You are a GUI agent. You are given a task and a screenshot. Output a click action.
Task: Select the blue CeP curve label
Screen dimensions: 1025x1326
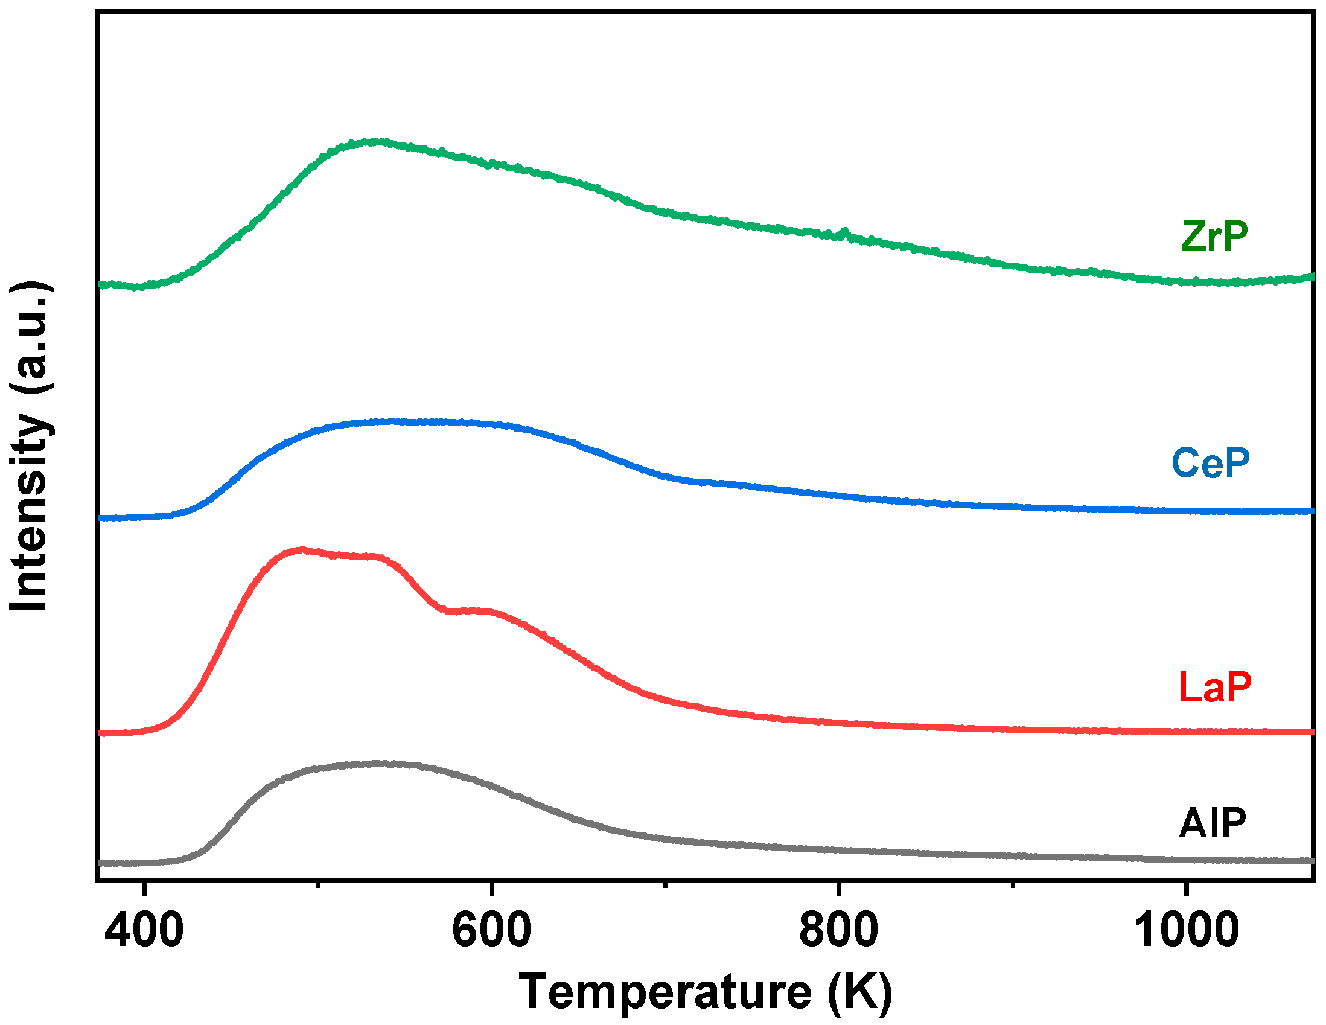pyautogui.click(x=1211, y=463)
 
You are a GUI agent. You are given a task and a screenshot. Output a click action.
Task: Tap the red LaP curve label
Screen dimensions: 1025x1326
pyautogui.click(x=1214, y=688)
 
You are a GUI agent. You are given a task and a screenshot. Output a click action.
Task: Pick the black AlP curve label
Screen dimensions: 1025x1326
pyautogui.click(x=1213, y=823)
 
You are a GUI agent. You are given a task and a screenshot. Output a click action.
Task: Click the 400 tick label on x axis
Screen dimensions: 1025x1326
pyautogui.click(x=144, y=930)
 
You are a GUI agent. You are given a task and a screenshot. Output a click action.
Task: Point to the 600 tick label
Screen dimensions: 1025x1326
pyautogui.click(x=491, y=930)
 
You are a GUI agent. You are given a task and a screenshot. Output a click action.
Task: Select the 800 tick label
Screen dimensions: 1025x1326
pyautogui.click(x=838, y=930)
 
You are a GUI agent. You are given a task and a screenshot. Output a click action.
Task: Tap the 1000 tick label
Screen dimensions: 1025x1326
pyautogui.click(x=1186, y=930)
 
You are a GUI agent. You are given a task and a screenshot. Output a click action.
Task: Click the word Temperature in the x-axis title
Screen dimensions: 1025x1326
pyautogui.click(x=665, y=991)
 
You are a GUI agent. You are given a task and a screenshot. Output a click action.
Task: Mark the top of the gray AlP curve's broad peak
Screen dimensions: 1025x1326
pyautogui.click(x=380, y=763)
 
